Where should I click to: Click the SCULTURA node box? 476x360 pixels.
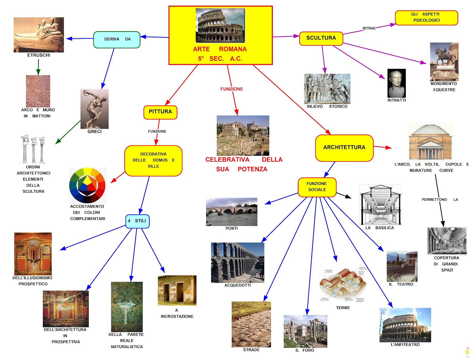click(x=321, y=38)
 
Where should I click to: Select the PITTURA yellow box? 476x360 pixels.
click(x=160, y=112)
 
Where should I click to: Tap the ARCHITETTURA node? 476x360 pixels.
click(x=344, y=148)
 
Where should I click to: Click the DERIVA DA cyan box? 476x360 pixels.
click(x=117, y=40)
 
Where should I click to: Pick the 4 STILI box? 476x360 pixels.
click(x=137, y=221)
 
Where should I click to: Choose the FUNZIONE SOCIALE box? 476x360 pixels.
click(x=317, y=187)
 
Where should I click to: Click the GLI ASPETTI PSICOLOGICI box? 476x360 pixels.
click(x=426, y=18)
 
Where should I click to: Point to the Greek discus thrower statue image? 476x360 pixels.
click(x=94, y=109)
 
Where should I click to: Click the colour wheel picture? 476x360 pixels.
click(x=87, y=185)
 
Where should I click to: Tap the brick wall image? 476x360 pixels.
click(x=38, y=91)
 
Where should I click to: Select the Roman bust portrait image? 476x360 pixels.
click(x=396, y=83)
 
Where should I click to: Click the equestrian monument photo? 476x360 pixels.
click(x=444, y=62)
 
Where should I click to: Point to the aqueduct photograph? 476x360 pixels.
click(x=237, y=262)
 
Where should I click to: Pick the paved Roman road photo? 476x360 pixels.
click(x=251, y=324)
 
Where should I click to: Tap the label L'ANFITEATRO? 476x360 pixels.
click(x=405, y=345)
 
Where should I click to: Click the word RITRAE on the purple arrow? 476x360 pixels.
click(x=369, y=28)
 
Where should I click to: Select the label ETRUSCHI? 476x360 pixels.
click(x=39, y=55)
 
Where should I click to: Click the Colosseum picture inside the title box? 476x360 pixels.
click(x=220, y=25)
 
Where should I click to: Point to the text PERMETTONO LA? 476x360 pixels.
click(x=439, y=200)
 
